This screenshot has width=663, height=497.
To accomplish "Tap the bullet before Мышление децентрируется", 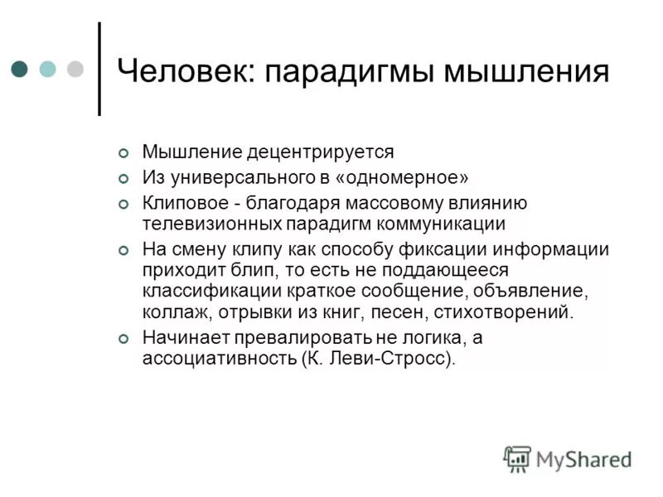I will point(124,153).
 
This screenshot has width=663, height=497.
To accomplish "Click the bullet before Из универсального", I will point(124,178).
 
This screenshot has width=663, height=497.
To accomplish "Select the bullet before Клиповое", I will point(124,203).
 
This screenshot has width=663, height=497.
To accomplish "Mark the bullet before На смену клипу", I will point(124,250).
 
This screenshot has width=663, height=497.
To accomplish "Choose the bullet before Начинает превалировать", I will point(124,338).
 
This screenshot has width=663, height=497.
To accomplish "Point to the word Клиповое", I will point(180,202).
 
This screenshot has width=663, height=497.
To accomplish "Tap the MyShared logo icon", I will point(517,458).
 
